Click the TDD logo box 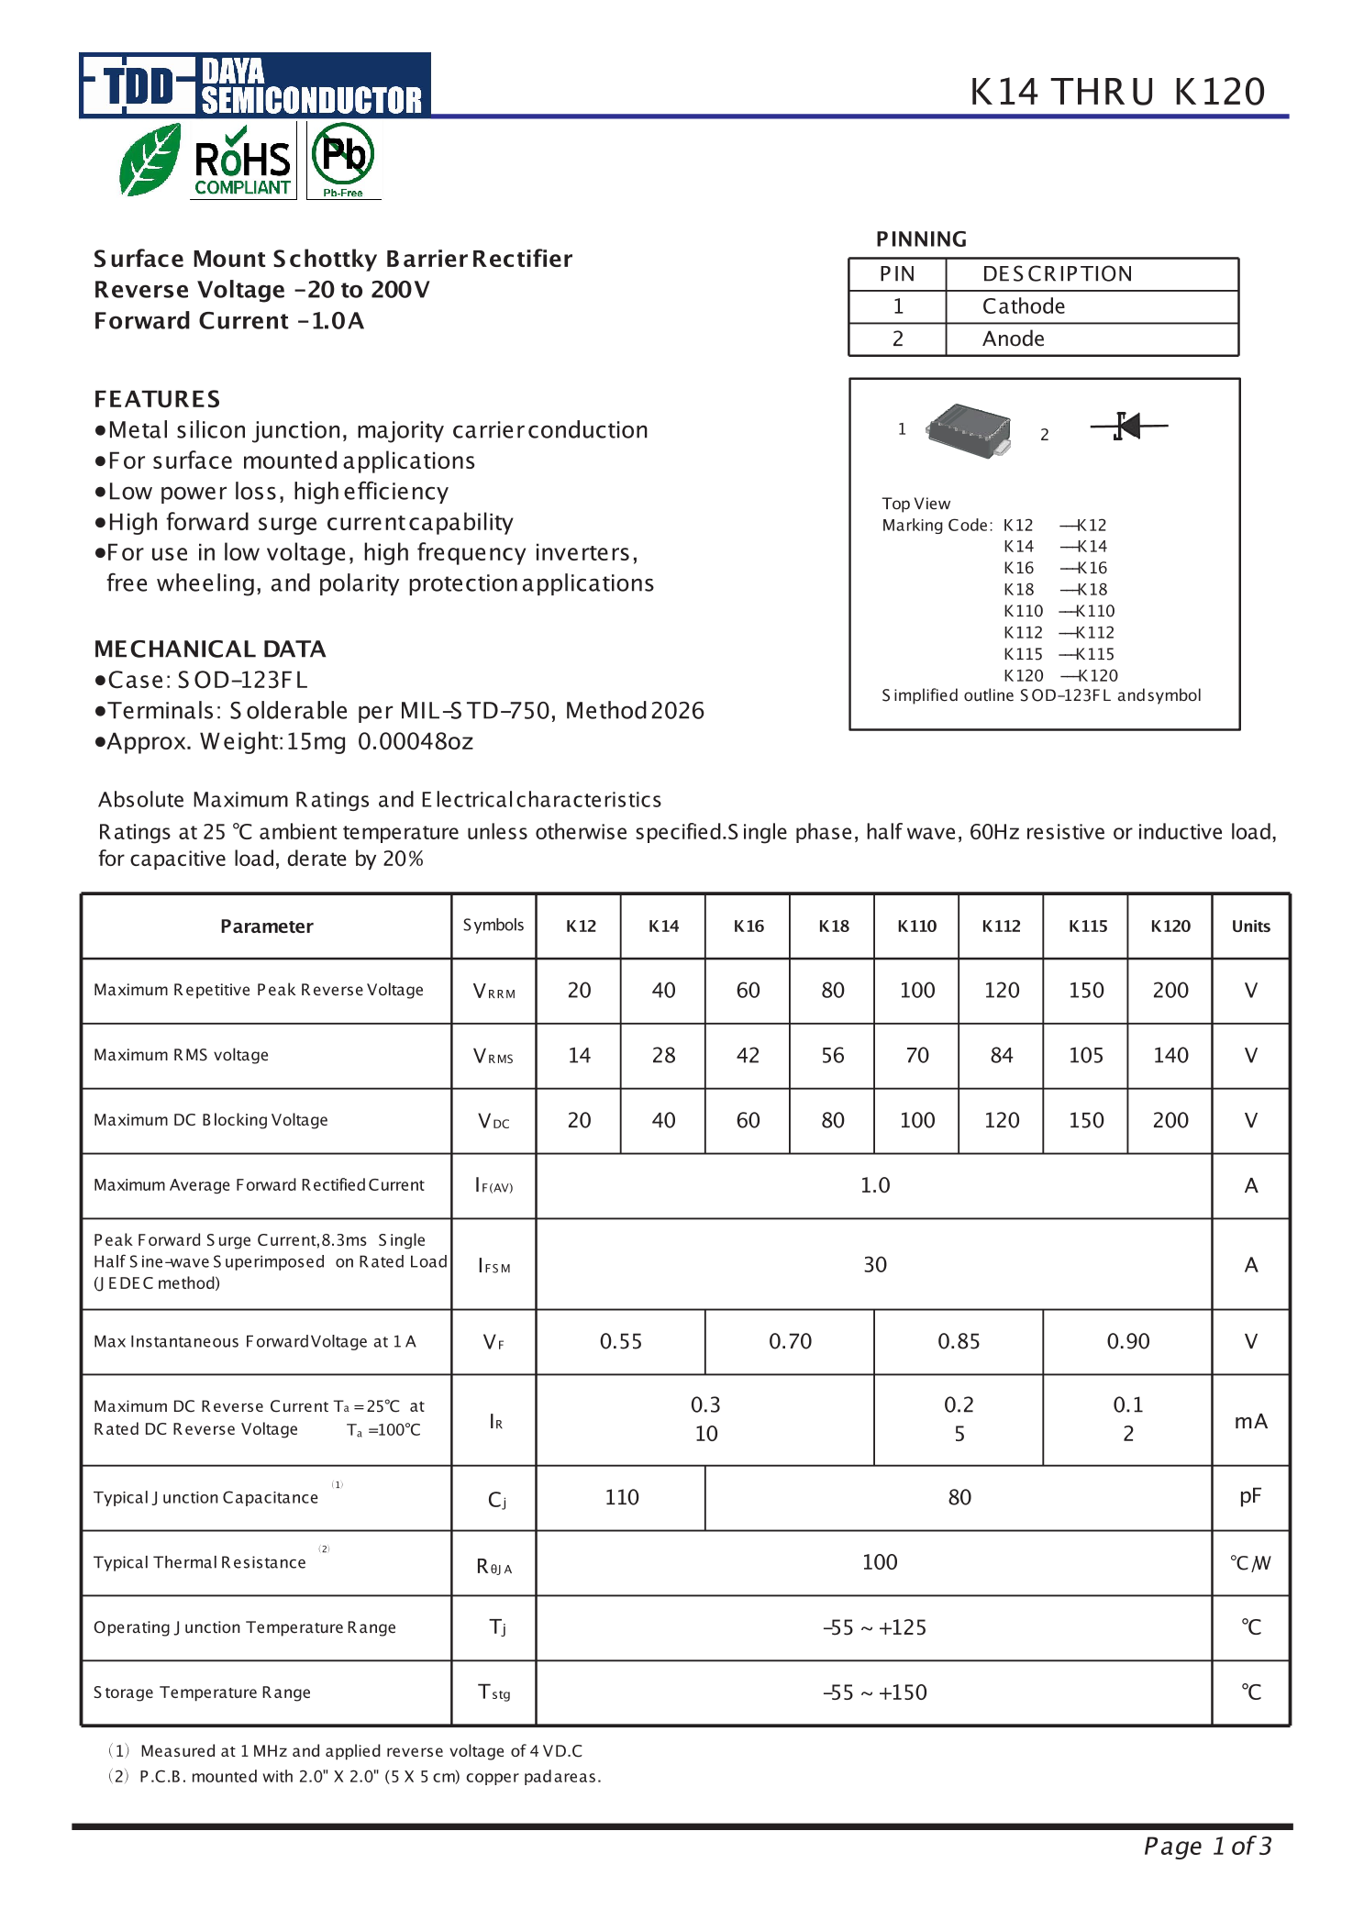pyautogui.click(x=138, y=86)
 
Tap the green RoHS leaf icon pyautogui.click(x=150, y=161)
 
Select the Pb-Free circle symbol pyautogui.click(x=343, y=156)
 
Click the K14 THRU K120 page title pyautogui.click(x=1117, y=92)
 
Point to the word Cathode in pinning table pyautogui.click(x=1023, y=306)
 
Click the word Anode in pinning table pyautogui.click(x=1013, y=338)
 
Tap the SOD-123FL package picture pyautogui.click(x=970, y=429)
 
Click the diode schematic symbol pyautogui.click(x=1128, y=426)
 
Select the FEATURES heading pyautogui.click(x=157, y=399)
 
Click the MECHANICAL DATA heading pyautogui.click(x=209, y=649)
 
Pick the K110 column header pyautogui.click(x=916, y=927)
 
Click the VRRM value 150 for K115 pyautogui.click(x=1086, y=991)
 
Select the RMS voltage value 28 pyautogui.click(x=663, y=1055)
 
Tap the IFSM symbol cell pyautogui.click(x=493, y=1265)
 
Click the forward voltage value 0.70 pyautogui.click(x=790, y=1341)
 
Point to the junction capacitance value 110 pyautogui.click(x=621, y=1497)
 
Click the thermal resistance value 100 pyautogui.click(x=879, y=1562)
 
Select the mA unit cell pyautogui.click(x=1250, y=1421)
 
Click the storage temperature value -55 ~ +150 pyautogui.click(x=874, y=1692)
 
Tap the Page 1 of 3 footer pyautogui.click(x=1206, y=1846)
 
